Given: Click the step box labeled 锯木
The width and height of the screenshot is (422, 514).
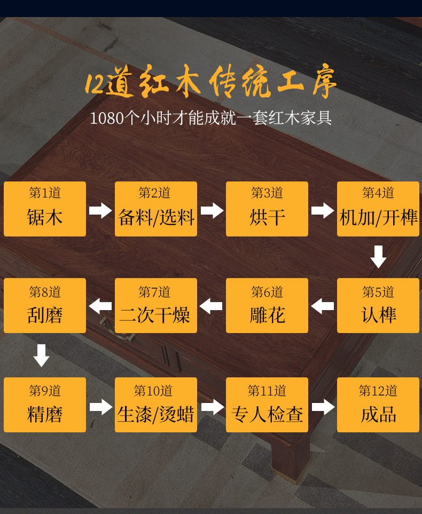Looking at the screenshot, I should (x=45, y=209).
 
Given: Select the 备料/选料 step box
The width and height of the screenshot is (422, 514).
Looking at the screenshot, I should (x=156, y=209).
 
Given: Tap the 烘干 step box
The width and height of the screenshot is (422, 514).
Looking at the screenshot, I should (x=267, y=209).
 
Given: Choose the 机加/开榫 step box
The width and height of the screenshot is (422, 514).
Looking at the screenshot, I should (x=378, y=209).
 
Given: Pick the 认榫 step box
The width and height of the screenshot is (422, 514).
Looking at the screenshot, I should (x=378, y=306).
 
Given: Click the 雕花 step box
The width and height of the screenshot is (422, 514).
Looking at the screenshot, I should (x=267, y=306).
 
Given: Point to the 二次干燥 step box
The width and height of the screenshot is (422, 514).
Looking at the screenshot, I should (x=156, y=306).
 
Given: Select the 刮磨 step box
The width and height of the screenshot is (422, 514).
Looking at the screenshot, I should (x=45, y=306).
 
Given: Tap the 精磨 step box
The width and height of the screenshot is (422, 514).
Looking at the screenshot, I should (x=45, y=405).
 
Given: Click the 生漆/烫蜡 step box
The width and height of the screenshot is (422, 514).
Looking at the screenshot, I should (x=156, y=405).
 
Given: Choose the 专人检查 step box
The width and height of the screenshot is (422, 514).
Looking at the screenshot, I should (x=267, y=405).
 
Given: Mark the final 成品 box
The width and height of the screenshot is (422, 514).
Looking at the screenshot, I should (x=378, y=405).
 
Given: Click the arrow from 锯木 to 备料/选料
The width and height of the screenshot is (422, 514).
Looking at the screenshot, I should (x=100, y=210).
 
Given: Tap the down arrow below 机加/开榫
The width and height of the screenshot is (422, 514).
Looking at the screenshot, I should (x=378, y=257).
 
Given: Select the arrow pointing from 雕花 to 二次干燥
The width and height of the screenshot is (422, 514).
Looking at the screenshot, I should (x=211, y=306).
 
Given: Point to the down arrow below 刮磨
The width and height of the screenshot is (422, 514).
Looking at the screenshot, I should (x=41, y=355).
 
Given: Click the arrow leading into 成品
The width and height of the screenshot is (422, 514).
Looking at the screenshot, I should (x=323, y=407).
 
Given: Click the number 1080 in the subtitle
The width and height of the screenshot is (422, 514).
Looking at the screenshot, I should (x=106, y=118).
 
